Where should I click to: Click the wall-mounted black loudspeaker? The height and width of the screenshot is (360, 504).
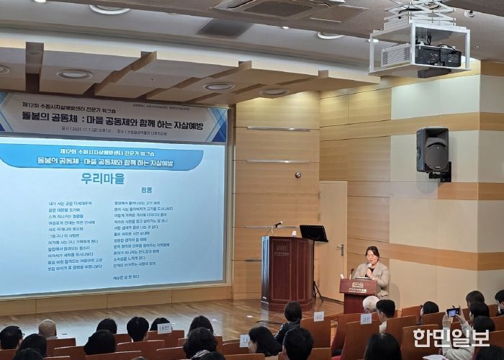click(x=433, y=150)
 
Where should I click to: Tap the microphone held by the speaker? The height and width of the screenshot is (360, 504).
click(x=369, y=267)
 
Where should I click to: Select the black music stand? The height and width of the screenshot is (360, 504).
click(x=313, y=234)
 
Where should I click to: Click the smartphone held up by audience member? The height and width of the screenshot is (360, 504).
click(x=452, y=312)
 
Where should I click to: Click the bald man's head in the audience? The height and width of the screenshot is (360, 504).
click(x=48, y=329)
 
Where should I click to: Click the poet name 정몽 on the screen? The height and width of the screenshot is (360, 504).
click(x=147, y=191)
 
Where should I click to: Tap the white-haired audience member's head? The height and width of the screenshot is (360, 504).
click(x=370, y=303)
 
